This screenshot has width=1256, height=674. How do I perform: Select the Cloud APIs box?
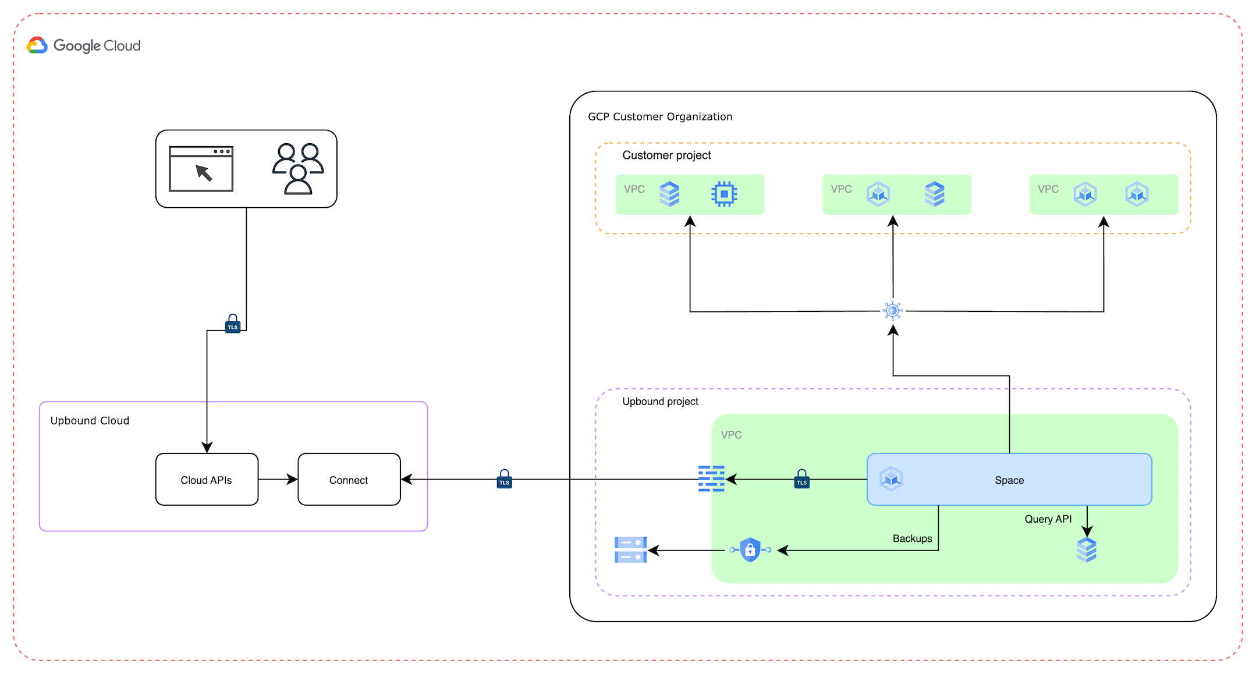coord(207,480)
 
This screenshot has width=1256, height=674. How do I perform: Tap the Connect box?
coord(349,480)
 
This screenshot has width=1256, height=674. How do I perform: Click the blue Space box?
coord(1009,480)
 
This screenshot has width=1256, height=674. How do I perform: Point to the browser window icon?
coord(201,169)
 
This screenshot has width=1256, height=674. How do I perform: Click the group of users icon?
coord(298,168)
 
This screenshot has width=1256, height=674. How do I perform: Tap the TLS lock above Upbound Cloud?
coord(233,324)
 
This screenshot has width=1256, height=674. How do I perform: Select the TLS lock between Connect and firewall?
coord(505,479)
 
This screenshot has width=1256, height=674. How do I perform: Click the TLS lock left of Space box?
coord(802,479)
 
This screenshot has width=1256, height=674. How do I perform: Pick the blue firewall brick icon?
coord(711,478)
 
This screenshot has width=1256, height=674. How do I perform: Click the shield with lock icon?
coord(750,549)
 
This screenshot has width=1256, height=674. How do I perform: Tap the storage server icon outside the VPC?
coord(630,550)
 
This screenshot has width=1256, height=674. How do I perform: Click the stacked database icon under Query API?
coord(1087,550)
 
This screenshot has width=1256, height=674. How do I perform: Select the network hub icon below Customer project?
coord(893,311)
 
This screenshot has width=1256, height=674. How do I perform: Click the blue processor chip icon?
coord(724,194)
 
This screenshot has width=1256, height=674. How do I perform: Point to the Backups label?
coord(912,539)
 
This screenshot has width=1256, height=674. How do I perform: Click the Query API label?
coord(1048,519)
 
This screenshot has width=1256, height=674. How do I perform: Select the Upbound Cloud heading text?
coord(90,421)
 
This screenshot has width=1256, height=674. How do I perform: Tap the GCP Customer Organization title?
coord(660,117)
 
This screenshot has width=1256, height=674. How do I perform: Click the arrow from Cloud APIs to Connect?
coord(278,480)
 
